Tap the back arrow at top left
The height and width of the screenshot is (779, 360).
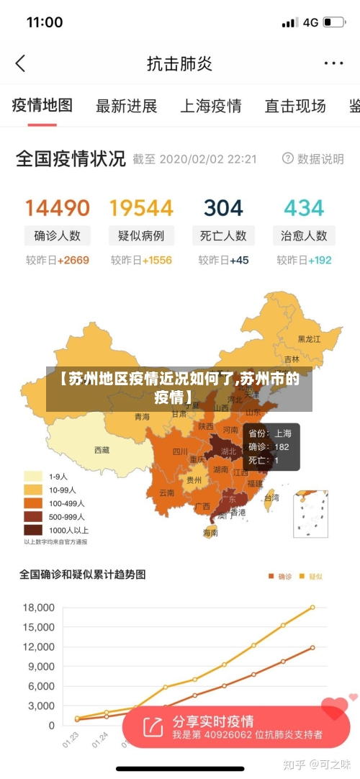pyautogui.click(x=20, y=63)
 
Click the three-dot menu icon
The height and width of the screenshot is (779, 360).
pyautogui.click(x=333, y=63)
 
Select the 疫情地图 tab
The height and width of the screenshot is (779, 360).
pyautogui.click(x=42, y=106)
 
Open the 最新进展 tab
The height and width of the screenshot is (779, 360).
pyautogui.click(x=127, y=107)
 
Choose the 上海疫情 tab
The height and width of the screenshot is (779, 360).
pyautogui.click(x=210, y=107)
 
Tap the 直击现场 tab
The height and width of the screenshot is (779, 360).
pyautogui.click(x=294, y=107)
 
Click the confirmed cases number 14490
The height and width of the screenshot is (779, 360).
pyautogui.click(x=58, y=208)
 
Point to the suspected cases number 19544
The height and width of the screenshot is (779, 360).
pyautogui.click(x=141, y=208)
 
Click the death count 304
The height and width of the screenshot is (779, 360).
pyautogui.click(x=223, y=208)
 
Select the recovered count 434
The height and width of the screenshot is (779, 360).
pyautogui.click(x=304, y=208)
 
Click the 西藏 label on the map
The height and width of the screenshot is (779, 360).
pyautogui.click(x=102, y=450)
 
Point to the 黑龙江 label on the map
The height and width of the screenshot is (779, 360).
pyautogui.click(x=310, y=338)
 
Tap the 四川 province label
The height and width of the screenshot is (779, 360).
pyautogui.click(x=179, y=452)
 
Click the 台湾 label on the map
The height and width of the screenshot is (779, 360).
pyautogui.click(x=271, y=497)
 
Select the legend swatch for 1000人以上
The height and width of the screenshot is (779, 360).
pyautogui.click(x=33, y=530)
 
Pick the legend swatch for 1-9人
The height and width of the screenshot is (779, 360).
pyautogui.click(x=33, y=476)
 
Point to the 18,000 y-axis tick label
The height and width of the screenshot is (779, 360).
pyautogui.click(x=39, y=608)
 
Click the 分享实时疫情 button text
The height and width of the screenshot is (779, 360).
pyautogui.click(x=212, y=721)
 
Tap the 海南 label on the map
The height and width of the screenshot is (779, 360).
pyautogui.click(x=210, y=533)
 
